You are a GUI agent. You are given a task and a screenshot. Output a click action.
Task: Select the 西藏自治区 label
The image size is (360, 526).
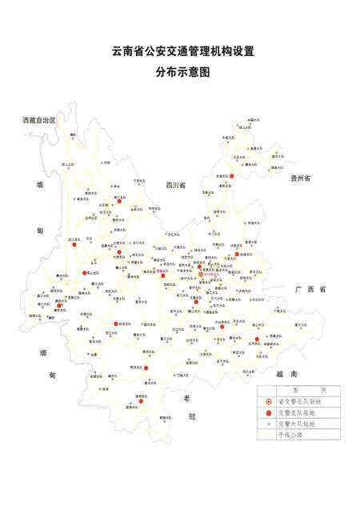(x=39, y=120)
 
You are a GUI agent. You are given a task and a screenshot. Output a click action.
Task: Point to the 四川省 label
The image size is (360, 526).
(x=175, y=185)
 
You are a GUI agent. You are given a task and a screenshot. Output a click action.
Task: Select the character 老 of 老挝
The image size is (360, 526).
(x=185, y=398)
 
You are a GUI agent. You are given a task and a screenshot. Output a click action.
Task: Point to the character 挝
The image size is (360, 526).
(x=192, y=416)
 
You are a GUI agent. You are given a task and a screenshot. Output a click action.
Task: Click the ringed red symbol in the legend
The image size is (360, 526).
(x=270, y=401)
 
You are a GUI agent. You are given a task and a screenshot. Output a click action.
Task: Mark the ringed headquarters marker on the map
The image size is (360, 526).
(x=201, y=275)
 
